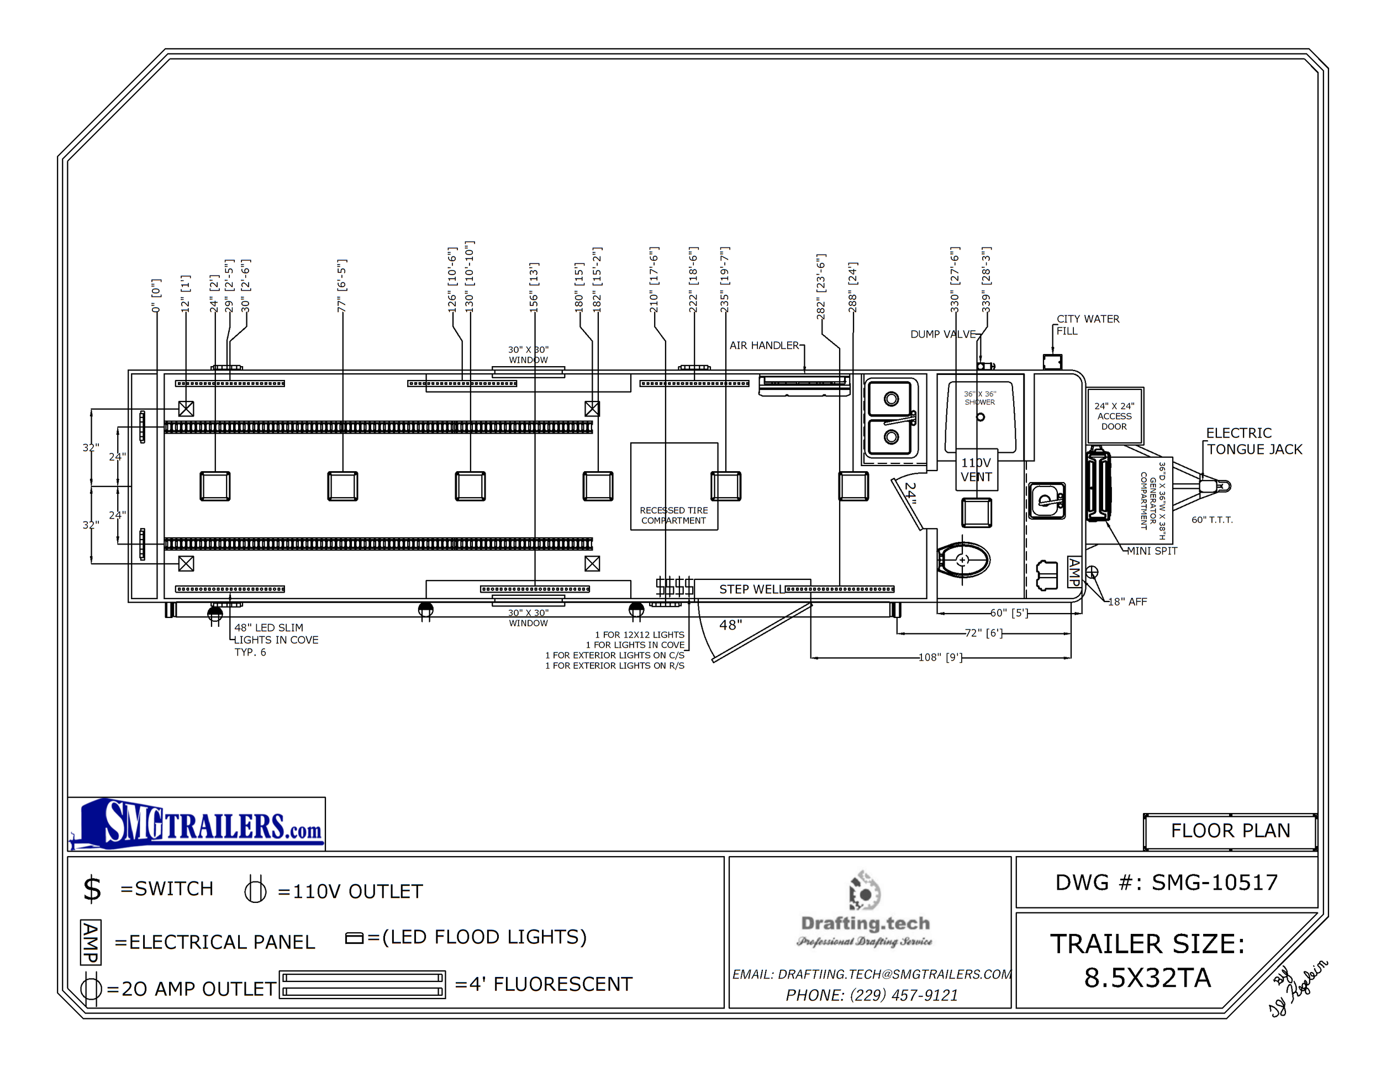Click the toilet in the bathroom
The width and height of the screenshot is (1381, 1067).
pyautogui.click(x=963, y=560)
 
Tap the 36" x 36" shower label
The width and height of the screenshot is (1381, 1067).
pyautogui.click(x=979, y=398)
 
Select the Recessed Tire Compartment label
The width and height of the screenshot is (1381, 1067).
pyautogui.click(x=673, y=515)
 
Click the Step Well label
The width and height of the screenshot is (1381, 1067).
pyautogui.click(x=751, y=589)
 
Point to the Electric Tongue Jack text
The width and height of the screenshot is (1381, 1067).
pyautogui.click(x=1254, y=441)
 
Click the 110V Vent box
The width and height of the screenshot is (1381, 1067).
pyautogui.click(x=976, y=469)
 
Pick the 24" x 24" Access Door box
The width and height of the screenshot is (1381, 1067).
pyautogui.click(x=1114, y=416)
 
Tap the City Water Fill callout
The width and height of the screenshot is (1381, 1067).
pyautogui.click(x=1087, y=325)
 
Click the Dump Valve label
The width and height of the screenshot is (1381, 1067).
pyautogui.click(x=942, y=334)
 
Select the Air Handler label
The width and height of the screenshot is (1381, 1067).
pyautogui.click(x=764, y=345)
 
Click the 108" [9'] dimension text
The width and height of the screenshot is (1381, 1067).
pyautogui.click(x=940, y=657)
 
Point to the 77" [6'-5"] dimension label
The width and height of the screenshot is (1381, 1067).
pyautogui.click(x=342, y=286)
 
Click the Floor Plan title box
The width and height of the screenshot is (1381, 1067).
pyautogui.click(x=1230, y=831)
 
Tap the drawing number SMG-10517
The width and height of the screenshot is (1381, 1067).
pyautogui.click(x=1167, y=883)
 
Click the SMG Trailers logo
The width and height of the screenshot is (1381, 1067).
pyautogui.click(x=197, y=824)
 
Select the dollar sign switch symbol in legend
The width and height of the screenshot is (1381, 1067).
pyautogui.click(x=92, y=889)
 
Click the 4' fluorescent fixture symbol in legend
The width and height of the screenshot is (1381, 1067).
pyautogui.click(x=362, y=985)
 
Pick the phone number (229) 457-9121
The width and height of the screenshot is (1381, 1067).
pyautogui.click(x=871, y=995)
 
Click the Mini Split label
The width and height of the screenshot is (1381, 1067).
pyautogui.click(x=1152, y=551)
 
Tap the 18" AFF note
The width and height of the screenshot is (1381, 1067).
pyautogui.click(x=1127, y=602)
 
